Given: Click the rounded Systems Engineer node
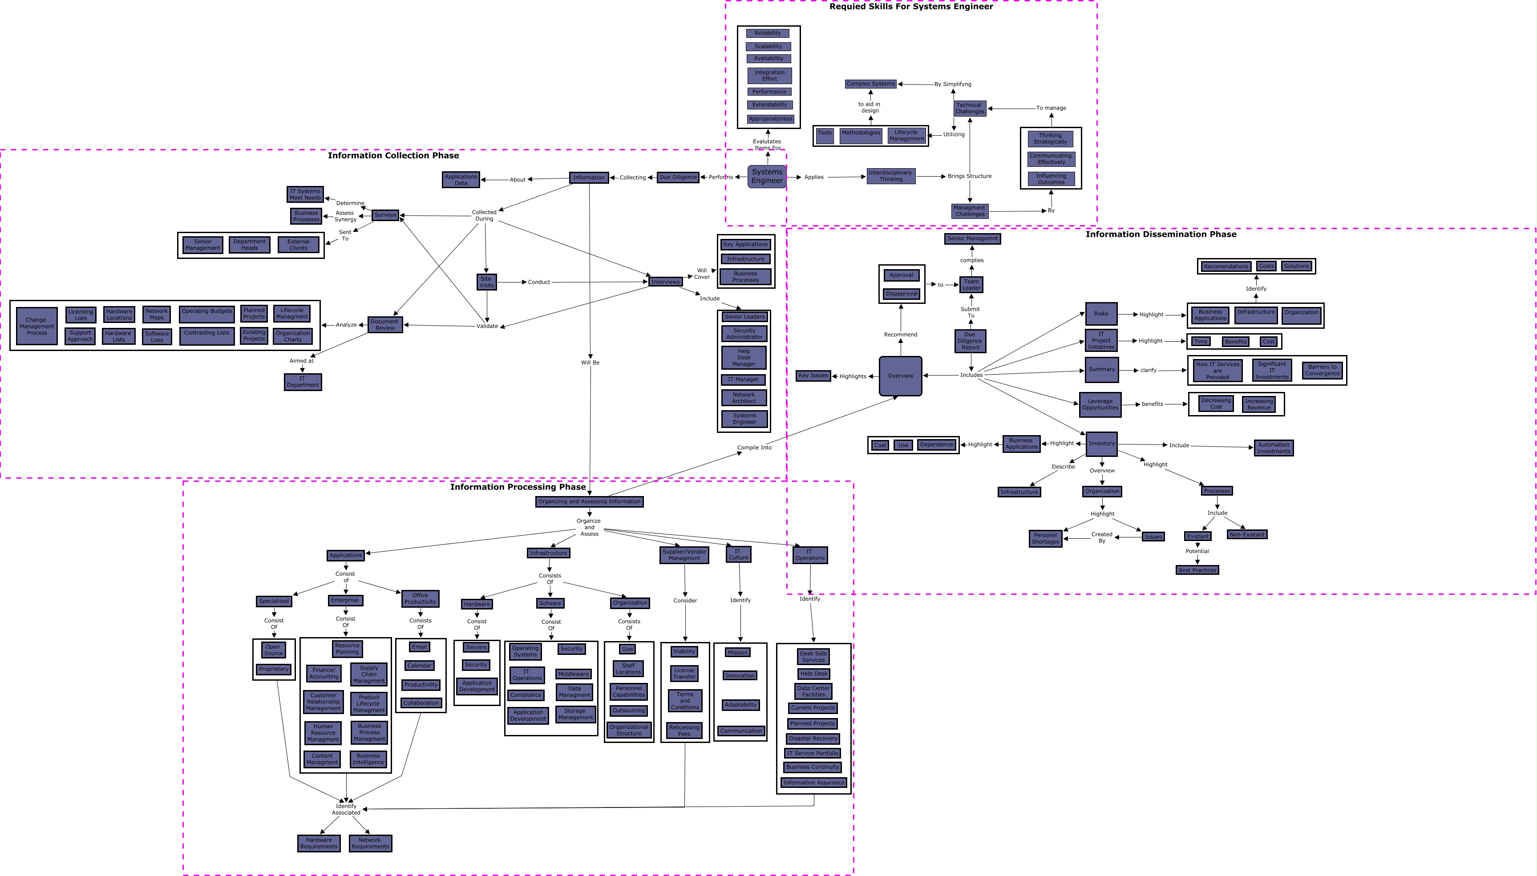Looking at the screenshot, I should tap(767, 176).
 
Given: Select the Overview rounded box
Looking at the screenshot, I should tap(900, 376).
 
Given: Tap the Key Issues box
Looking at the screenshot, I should tap(813, 375).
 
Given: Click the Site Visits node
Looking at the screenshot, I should tap(486, 282).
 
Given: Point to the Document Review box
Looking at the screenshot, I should tap(385, 325).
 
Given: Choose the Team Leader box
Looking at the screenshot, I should tap(971, 285).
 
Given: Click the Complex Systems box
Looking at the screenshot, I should tap(870, 84).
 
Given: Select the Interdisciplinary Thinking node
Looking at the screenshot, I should tap(891, 176).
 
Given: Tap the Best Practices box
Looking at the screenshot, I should tap(1197, 570).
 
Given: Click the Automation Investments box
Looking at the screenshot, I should tap(1274, 448).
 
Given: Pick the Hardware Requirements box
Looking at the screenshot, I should tap(319, 843).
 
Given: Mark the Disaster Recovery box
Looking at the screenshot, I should tap(813, 738).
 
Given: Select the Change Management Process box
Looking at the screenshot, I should tap(36, 326).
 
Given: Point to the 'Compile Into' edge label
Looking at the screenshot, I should tap(754, 448).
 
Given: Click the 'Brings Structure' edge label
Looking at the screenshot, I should tap(969, 176).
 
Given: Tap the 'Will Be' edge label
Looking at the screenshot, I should tap(590, 363).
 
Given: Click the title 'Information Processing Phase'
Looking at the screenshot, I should tap(518, 487).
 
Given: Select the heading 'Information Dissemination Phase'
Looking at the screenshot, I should tap(1160, 234).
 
